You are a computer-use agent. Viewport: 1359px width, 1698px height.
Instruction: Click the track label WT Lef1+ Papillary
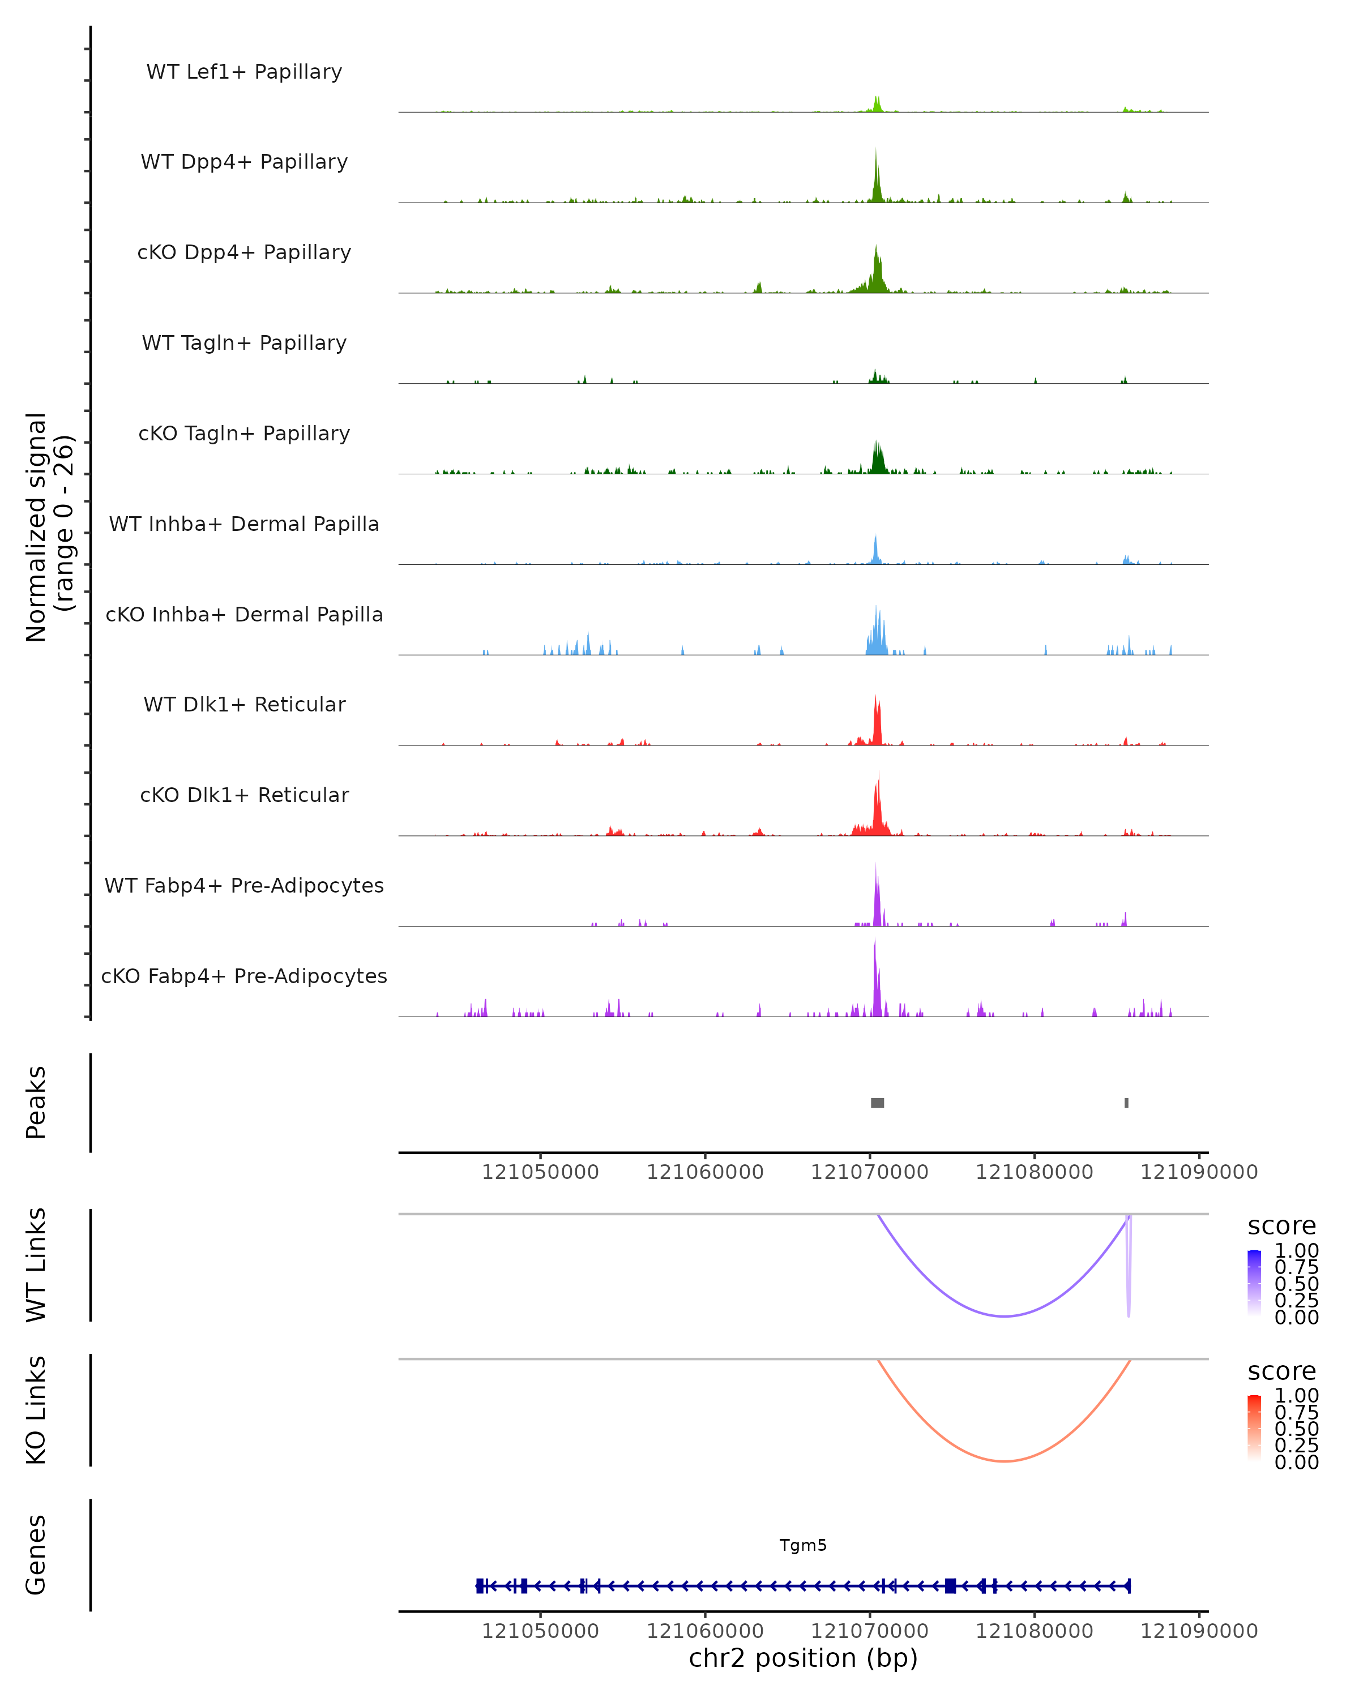[x=244, y=72]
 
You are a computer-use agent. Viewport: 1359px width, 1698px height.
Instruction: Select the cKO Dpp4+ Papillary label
[x=244, y=253]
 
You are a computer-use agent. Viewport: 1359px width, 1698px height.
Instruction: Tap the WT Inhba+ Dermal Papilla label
[x=244, y=525]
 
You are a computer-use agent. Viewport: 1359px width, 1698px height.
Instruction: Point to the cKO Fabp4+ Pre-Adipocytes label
[x=244, y=976]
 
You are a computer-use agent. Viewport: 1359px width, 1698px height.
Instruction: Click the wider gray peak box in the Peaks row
[x=877, y=1103]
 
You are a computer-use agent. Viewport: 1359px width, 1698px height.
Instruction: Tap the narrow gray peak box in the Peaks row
[x=1127, y=1103]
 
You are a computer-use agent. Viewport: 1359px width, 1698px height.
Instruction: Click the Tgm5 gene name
[x=803, y=1545]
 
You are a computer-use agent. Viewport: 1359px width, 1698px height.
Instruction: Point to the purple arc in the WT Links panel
[x=1004, y=1315]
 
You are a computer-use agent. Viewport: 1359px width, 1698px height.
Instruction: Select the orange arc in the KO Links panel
[x=1004, y=1461]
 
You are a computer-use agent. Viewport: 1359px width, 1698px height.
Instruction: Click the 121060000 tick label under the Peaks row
[x=705, y=1172]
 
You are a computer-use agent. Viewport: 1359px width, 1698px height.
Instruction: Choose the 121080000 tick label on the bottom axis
[x=1035, y=1631]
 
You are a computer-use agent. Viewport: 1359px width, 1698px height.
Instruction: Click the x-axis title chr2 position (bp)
[x=803, y=1658]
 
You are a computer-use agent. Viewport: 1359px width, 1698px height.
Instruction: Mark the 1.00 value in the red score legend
[x=1297, y=1396]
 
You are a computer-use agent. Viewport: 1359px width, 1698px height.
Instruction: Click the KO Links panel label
[x=36, y=1410]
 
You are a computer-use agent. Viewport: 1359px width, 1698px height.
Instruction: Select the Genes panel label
[x=36, y=1555]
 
